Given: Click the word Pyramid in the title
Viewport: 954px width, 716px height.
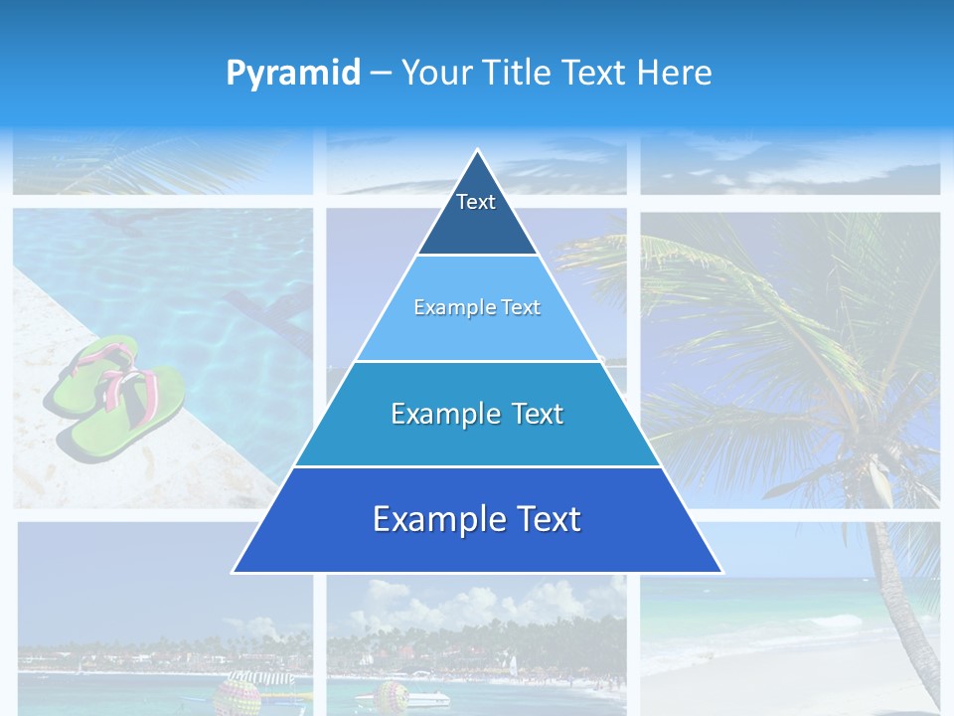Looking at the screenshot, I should [x=293, y=73].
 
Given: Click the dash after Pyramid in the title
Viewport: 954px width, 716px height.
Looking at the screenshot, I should [x=381, y=74].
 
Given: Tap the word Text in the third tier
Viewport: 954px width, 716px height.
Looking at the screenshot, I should [x=536, y=414].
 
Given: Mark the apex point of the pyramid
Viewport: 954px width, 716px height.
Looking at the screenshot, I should [x=477, y=151].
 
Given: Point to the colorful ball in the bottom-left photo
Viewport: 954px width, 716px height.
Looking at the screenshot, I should [x=238, y=693].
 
